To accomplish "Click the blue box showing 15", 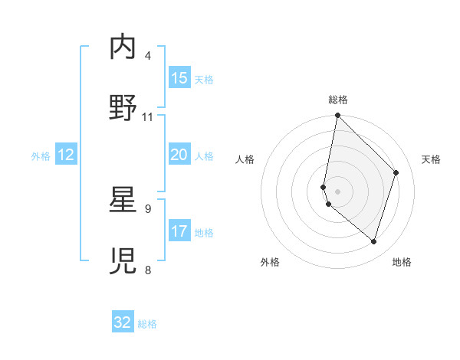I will coord(179,78).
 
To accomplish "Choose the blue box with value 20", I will coord(179,155).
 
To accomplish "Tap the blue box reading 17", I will coord(179,231).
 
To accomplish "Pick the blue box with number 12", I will coord(66,155).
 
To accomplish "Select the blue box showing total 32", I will coord(123,322).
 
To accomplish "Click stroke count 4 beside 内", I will coord(148,56).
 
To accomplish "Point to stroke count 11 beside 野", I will coord(148,116).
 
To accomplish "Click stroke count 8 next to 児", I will coord(148,270).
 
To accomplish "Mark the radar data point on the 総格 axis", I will coord(337,116).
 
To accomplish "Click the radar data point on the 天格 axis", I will coord(396,172).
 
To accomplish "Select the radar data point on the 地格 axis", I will coord(374,242).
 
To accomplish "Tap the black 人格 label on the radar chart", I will coord(245,159).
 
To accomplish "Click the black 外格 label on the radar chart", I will coord(270,262).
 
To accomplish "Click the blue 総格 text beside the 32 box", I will coord(148,324).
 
